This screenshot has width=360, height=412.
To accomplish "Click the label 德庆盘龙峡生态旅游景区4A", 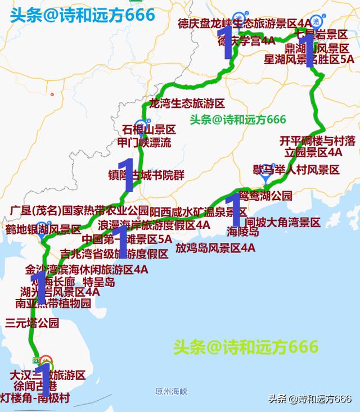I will (244, 24).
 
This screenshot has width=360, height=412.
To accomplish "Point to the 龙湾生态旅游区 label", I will (186, 104).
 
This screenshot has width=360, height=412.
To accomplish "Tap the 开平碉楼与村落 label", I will (317, 140).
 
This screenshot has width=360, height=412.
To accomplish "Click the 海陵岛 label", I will (243, 231).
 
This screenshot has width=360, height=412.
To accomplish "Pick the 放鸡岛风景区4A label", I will (215, 247).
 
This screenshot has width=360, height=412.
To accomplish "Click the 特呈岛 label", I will (98, 282).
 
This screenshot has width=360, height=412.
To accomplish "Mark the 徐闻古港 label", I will (35, 387).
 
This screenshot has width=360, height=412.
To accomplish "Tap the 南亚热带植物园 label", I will (53, 304).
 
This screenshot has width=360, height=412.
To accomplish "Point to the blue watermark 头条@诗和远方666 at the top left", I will (82, 15).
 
